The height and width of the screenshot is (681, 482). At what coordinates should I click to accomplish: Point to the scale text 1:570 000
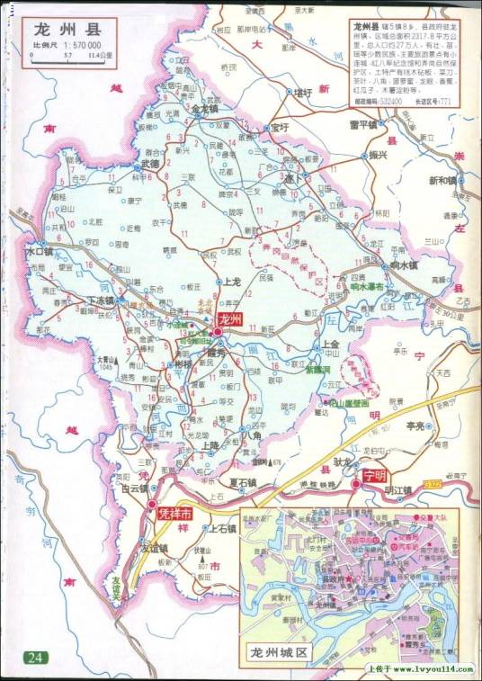pos(80,44)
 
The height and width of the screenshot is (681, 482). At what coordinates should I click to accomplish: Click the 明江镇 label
pos(397,490)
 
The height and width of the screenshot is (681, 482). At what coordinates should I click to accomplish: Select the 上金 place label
pos(330,344)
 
